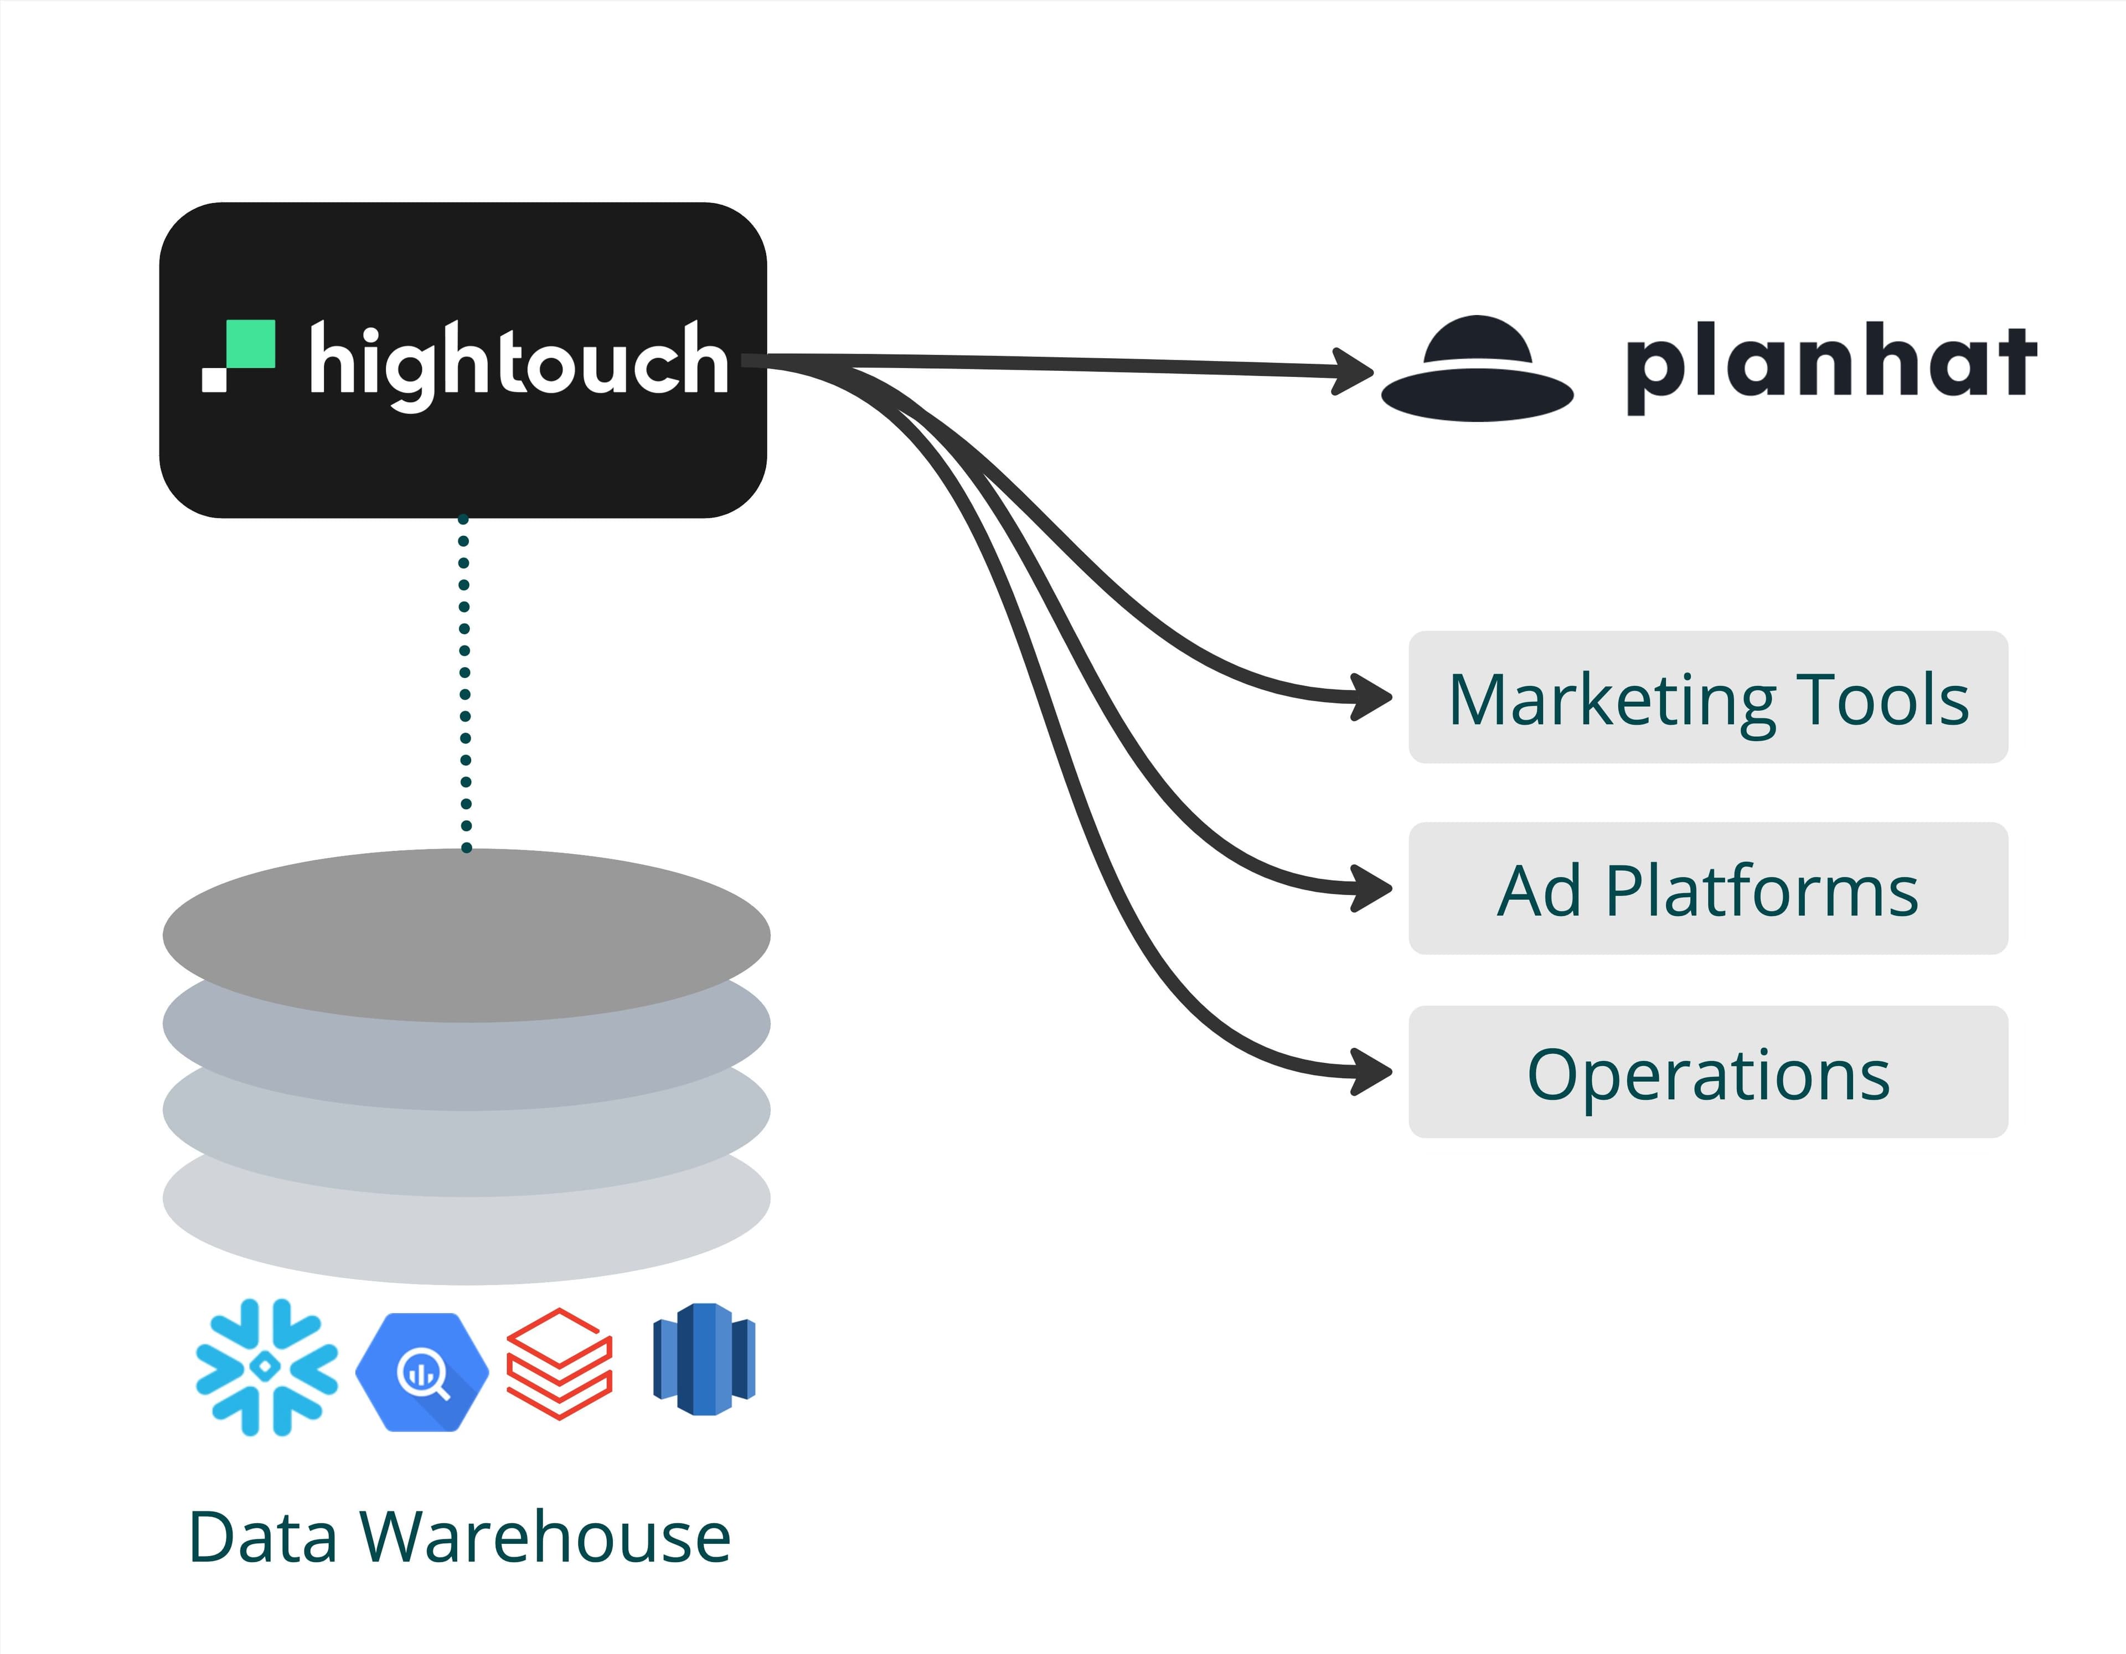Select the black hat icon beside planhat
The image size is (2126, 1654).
[1477, 370]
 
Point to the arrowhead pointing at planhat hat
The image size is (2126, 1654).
[1355, 371]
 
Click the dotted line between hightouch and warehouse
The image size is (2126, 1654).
[465, 681]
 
